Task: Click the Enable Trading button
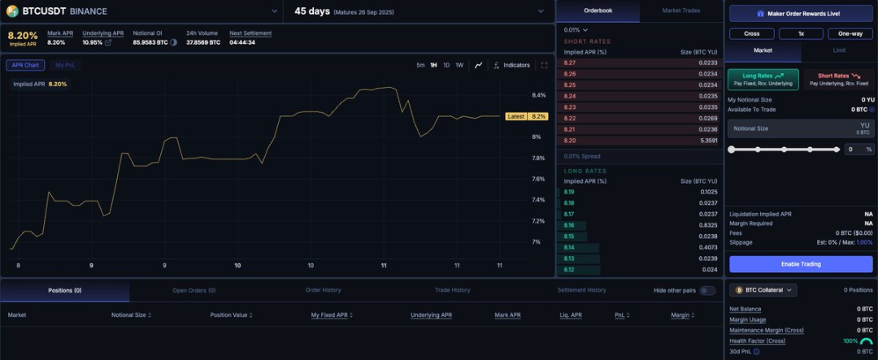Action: tap(801, 264)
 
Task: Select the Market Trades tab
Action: tap(681, 11)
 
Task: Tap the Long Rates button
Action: tap(763, 79)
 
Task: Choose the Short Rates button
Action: tap(838, 79)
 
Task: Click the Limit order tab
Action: tap(838, 50)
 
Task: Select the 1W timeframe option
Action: tap(459, 65)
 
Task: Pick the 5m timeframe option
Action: tap(420, 65)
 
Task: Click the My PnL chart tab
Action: tap(64, 65)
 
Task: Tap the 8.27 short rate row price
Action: tap(569, 63)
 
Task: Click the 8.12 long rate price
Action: tap(569, 270)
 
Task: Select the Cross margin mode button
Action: tap(751, 33)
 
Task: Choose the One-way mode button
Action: tap(850, 33)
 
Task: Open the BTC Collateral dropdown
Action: tap(763, 290)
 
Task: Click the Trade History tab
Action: tap(452, 290)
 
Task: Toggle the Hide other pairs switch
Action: tap(707, 290)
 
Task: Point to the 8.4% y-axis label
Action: tap(538, 95)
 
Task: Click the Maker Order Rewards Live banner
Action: tap(801, 14)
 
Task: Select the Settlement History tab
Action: tap(581, 290)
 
